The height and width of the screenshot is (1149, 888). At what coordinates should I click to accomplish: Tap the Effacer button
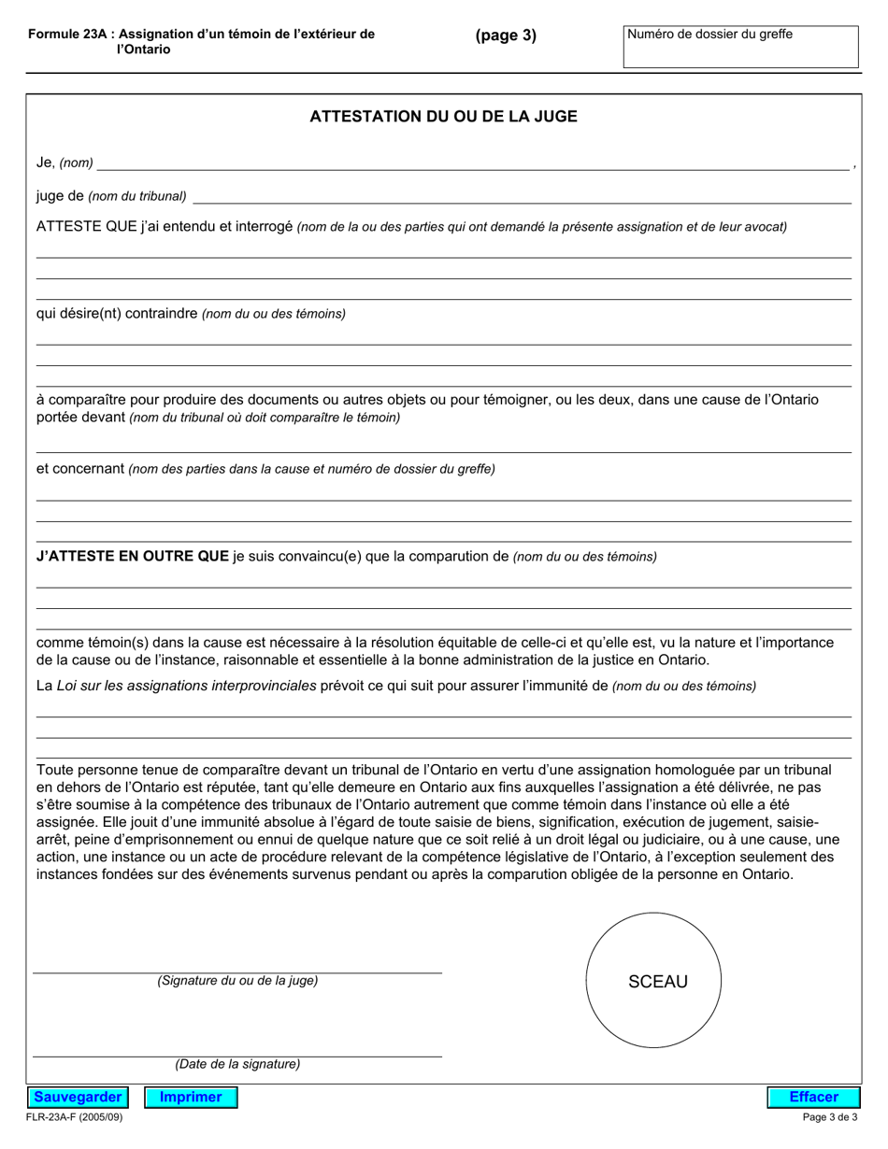pyautogui.click(x=813, y=1097)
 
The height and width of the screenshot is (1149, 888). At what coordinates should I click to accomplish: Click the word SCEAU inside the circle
pyautogui.click(x=657, y=982)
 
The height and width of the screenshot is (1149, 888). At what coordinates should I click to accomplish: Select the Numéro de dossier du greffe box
pyautogui.click(x=740, y=47)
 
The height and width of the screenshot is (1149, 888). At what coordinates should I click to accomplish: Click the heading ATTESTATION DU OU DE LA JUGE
pyautogui.click(x=443, y=117)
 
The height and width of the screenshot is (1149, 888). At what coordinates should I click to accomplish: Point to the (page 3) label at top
pyautogui.click(x=506, y=35)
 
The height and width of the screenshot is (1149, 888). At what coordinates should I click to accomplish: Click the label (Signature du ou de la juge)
pyautogui.click(x=237, y=981)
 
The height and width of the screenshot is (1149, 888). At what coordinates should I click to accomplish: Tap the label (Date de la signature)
pyautogui.click(x=237, y=1064)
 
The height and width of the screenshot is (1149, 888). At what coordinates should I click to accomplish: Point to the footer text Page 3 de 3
pyautogui.click(x=830, y=1117)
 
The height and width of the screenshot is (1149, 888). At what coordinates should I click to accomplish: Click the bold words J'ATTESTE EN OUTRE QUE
pyautogui.click(x=132, y=556)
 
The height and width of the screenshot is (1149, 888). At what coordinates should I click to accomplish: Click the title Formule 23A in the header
pyautogui.click(x=70, y=34)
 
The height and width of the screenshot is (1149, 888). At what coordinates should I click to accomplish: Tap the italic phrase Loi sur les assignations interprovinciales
pyautogui.click(x=186, y=686)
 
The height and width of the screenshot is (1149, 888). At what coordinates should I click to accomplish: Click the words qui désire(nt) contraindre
pyautogui.click(x=117, y=313)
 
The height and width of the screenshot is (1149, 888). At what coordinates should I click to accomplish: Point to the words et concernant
pyautogui.click(x=79, y=468)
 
